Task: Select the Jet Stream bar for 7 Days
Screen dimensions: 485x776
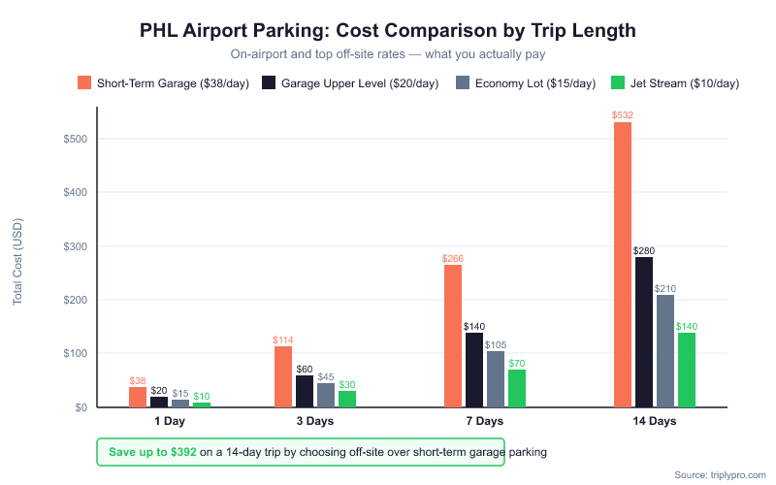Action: pos(517,388)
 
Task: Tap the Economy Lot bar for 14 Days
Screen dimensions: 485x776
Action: pos(664,351)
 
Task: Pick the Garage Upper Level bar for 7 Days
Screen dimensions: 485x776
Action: pos(474,370)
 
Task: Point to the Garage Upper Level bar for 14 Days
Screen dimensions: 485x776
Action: pos(643,332)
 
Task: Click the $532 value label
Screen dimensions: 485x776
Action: pos(622,115)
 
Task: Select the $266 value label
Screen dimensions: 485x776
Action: pos(453,259)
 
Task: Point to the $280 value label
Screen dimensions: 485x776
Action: pos(643,250)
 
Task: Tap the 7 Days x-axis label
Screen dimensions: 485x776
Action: pos(485,422)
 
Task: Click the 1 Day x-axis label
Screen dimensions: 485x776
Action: pos(170,422)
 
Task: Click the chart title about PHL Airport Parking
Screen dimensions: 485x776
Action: pos(388,30)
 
